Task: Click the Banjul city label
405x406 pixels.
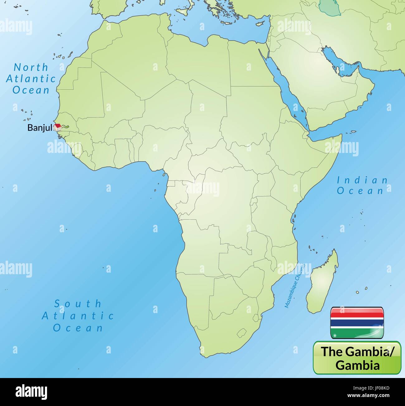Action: pos(40,127)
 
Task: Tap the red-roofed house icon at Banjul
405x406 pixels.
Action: pos(57,127)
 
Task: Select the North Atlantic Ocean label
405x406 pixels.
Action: pos(31,79)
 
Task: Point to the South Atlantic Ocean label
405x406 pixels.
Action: pos(78,315)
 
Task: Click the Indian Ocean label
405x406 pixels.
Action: pos(362,185)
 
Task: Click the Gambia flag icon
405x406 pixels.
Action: pos(357,322)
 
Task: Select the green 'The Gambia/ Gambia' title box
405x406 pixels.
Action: pos(357,358)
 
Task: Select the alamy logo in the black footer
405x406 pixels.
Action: pos(31,392)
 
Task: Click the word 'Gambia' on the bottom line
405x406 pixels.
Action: pos(358,365)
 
